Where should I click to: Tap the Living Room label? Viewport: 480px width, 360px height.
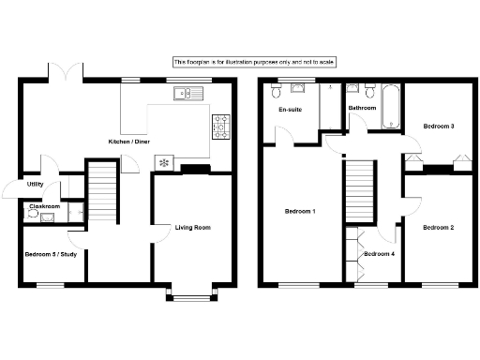(193, 227)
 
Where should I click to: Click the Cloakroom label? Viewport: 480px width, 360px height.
(44, 205)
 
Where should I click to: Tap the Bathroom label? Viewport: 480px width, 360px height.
(363, 108)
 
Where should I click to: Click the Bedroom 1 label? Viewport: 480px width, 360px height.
(299, 211)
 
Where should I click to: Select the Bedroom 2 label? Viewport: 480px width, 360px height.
(438, 228)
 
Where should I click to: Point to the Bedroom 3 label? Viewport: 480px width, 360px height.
(438, 126)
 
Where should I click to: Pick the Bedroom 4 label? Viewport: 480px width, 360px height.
(379, 254)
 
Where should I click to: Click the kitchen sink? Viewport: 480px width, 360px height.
(189, 93)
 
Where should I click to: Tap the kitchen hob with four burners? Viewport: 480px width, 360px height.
(221, 123)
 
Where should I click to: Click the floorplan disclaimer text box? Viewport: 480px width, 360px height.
(254, 61)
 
